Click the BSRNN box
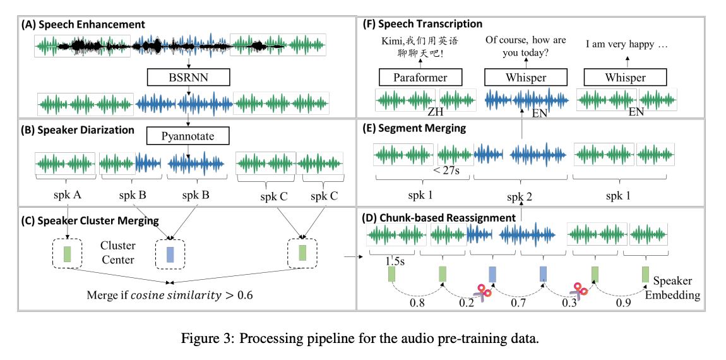point(189,78)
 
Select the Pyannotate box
point(188,136)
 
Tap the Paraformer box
point(420,78)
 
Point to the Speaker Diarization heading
point(78,130)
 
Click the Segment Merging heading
point(415,128)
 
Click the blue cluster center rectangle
point(170,255)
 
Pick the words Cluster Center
point(117,252)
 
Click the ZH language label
point(435,112)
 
